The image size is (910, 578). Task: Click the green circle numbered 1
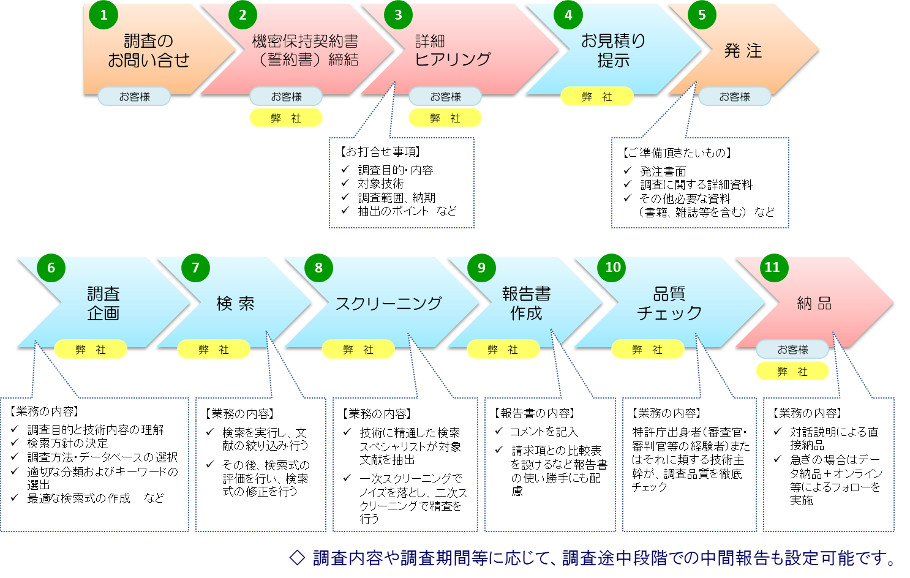tap(103, 15)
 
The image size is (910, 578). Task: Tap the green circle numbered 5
tap(702, 15)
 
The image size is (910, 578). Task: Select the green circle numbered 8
tap(318, 268)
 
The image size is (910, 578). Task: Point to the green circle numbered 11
tap(772, 268)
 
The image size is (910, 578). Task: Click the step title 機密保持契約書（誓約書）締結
tap(305, 50)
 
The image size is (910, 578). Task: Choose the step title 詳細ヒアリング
tap(453, 50)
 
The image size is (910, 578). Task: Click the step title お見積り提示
tap(613, 50)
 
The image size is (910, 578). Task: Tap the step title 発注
tap(743, 51)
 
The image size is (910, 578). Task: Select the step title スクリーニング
tap(388, 303)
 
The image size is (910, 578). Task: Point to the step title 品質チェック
tap(669, 303)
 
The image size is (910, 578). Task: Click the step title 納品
tap(814, 303)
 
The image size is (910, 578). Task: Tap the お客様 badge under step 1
tap(134, 97)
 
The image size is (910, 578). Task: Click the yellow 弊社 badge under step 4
tap(597, 97)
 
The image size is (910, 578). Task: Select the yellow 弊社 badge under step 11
tap(792, 371)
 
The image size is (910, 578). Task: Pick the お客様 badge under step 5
tap(734, 97)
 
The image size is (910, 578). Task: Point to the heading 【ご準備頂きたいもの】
tap(677, 152)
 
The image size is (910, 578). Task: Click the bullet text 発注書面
tap(663, 171)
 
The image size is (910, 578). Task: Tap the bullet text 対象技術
tap(381, 184)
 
